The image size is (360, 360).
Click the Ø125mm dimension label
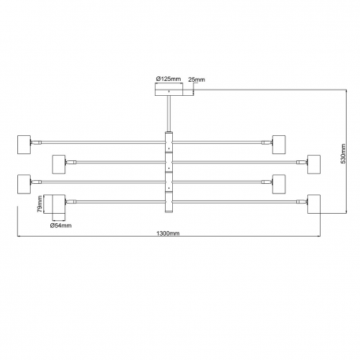(x=168, y=79)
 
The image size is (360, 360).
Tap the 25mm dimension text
(x=197, y=79)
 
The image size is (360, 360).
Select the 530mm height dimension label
(x=343, y=153)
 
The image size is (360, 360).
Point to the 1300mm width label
(x=168, y=233)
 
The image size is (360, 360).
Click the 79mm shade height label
(x=39, y=204)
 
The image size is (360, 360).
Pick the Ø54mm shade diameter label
(x=61, y=226)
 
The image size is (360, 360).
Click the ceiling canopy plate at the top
(x=169, y=93)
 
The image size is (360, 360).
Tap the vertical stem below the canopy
(x=169, y=113)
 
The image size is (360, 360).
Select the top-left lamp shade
(x=24, y=145)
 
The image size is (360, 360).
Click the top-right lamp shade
(x=279, y=145)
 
